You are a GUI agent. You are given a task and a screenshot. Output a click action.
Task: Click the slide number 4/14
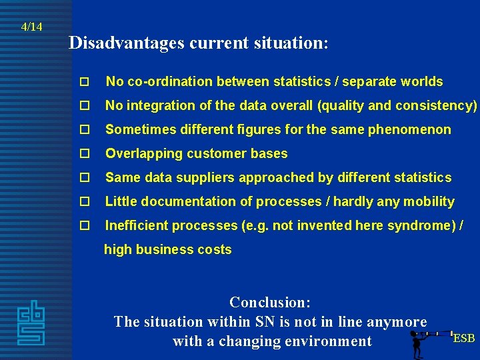[x=31, y=27]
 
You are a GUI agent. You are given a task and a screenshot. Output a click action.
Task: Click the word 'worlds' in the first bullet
[x=421, y=82]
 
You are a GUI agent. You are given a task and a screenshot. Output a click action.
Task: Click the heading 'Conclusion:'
[x=270, y=302]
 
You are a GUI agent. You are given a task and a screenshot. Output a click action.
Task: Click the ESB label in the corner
[x=464, y=338]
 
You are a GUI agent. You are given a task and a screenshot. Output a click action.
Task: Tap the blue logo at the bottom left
[x=31, y=323]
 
